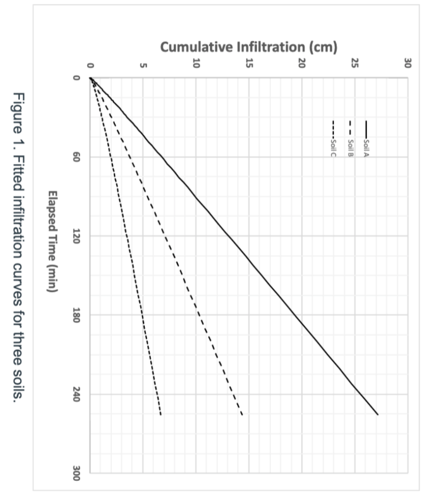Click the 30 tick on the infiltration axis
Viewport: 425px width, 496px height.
(408, 64)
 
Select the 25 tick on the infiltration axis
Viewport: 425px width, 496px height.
(355, 64)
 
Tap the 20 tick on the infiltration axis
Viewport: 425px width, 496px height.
(302, 64)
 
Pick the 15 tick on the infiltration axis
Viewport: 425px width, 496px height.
(249, 64)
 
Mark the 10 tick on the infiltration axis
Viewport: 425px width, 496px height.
(196, 64)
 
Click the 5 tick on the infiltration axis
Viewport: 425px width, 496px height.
(143, 64)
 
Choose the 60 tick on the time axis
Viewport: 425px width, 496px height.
(78, 157)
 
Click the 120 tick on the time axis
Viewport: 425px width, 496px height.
(78, 236)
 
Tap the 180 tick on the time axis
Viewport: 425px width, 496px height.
(78, 315)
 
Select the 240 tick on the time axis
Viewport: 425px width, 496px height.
(78, 394)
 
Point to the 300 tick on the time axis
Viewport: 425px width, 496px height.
(78, 473)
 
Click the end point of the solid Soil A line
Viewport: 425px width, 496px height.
(378, 414)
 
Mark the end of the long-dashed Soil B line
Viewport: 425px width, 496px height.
(242, 414)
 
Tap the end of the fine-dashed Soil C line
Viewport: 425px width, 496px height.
(161, 414)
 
